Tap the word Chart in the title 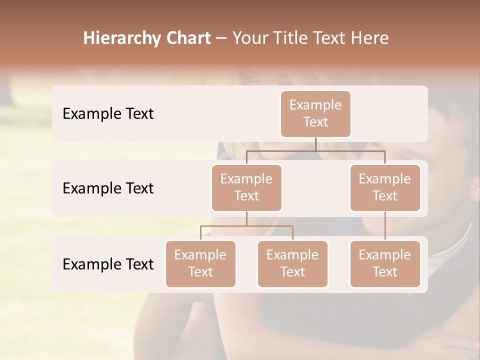[x=186, y=38]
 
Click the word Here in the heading [x=371, y=38]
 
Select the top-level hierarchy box [x=315, y=113]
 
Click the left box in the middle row [x=246, y=187]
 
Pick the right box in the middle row [x=385, y=187]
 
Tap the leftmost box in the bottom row [x=200, y=263]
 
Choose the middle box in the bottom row [x=292, y=263]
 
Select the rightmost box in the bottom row [x=385, y=263]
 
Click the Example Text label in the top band [x=108, y=114]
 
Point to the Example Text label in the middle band [x=108, y=188]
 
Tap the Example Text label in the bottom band [x=108, y=264]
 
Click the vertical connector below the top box [x=315, y=144]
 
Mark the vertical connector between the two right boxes [x=385, y=226]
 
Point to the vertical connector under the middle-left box [x=246, y=218]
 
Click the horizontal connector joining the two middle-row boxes [x=315, y=150]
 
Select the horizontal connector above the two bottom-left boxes [x=246, y=226]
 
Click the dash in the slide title [x=221, y=38]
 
